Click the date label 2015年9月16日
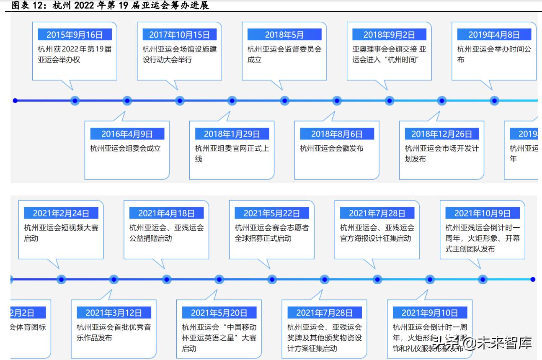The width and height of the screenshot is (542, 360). (x=75, y=35)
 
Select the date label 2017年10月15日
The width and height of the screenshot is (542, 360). (x=179, y=35)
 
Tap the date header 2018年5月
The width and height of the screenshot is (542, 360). (x=284, y=35)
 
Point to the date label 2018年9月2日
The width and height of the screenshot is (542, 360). (x=389, y=35)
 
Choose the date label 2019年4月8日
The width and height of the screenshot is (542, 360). (x=494, y=35)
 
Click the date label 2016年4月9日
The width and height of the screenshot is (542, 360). (x=127, y=134)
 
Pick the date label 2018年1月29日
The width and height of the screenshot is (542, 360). (x=232, y=134)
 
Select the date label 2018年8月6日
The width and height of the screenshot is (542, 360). (x=337, y=134)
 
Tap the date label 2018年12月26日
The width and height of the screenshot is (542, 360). (x=441, y=134)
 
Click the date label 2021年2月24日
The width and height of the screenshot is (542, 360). (x=61, y=213)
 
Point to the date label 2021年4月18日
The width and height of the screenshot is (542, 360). (x=166, y=213)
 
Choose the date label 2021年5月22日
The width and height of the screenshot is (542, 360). (x=272, y=213)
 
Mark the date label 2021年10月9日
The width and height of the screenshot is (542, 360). (x=483, y=213)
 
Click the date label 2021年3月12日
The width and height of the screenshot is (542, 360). (x=114, y=313)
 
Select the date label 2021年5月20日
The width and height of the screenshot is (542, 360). (x=219, y=313)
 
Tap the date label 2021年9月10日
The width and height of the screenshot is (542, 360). (x=430, y=313)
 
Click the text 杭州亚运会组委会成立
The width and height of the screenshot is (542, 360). (x=125, y=148)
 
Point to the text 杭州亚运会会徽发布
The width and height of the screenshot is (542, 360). (x=331, y=148)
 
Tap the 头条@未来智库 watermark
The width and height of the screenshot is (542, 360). (x=482, y=344)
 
